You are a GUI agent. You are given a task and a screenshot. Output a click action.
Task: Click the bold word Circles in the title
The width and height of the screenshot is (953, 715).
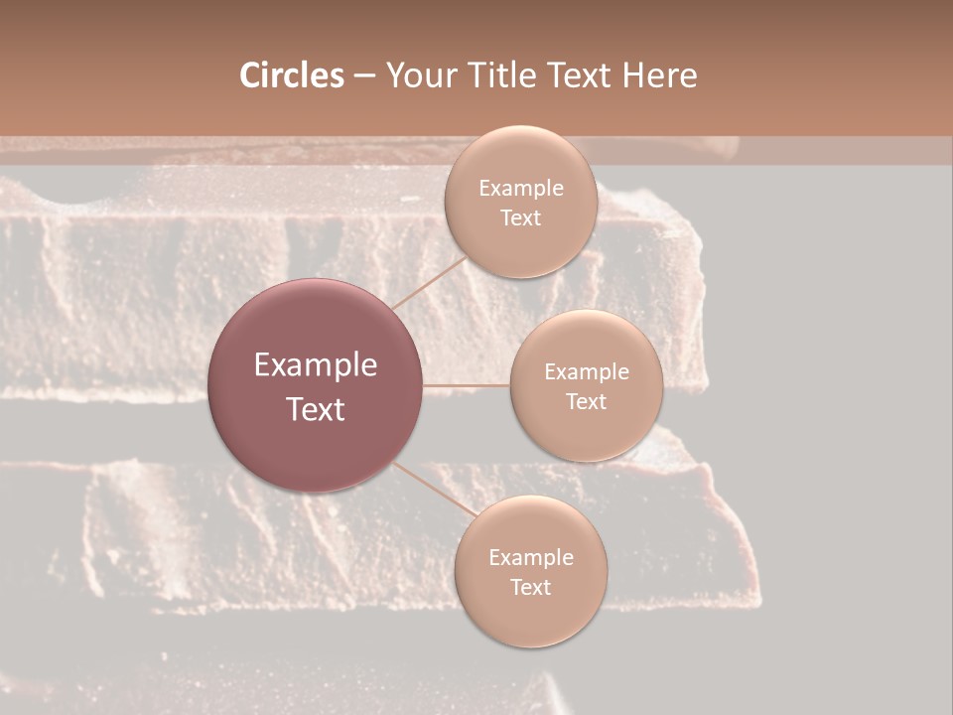(x=291, y=75)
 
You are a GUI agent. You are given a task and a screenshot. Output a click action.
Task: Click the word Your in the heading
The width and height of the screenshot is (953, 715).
(x=417, y=75)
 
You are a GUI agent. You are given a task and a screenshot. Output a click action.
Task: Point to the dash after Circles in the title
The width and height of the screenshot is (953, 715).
(x=364, y=76)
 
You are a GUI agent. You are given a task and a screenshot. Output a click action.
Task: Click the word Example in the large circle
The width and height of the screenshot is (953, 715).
(x=316, y=365)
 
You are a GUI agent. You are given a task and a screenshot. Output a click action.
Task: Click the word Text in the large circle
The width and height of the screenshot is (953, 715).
(x=316, y=409)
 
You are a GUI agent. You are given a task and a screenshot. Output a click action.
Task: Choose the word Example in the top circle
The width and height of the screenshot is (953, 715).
(x=521, y=189)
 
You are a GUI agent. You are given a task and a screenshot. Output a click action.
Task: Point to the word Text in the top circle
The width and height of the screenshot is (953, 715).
(x=520, y=218)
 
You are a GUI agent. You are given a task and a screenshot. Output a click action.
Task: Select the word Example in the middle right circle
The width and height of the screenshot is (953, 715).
(x=587, y=372)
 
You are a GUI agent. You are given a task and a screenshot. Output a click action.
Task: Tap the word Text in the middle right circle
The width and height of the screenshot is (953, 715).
(x=587, y=402)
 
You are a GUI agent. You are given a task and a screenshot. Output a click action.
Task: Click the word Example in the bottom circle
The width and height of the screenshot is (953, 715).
(x=531, y=558)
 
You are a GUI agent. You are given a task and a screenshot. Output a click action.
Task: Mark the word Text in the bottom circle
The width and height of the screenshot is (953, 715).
(x=531, y=588)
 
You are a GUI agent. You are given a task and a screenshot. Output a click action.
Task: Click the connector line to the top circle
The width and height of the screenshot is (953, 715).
(x=429, y=282)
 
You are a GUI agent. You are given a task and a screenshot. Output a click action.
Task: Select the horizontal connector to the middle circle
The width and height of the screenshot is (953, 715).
(x=467, y=385)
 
